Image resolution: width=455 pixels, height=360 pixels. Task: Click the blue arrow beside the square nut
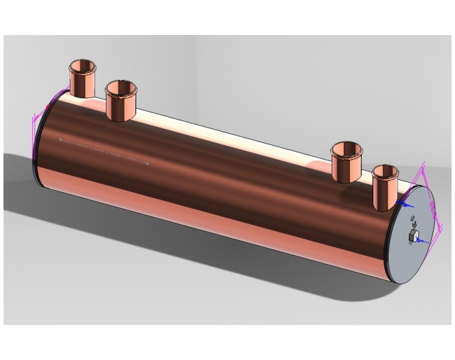[421, 241]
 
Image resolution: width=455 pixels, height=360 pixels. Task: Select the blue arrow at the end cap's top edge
[405, 204]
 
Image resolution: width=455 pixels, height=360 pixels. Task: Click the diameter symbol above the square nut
[411, 219]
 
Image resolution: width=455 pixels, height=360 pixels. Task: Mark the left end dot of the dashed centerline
[60, 140]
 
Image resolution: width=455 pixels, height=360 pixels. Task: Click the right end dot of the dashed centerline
[148, 164]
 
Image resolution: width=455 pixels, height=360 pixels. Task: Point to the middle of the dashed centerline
[104, 152]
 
